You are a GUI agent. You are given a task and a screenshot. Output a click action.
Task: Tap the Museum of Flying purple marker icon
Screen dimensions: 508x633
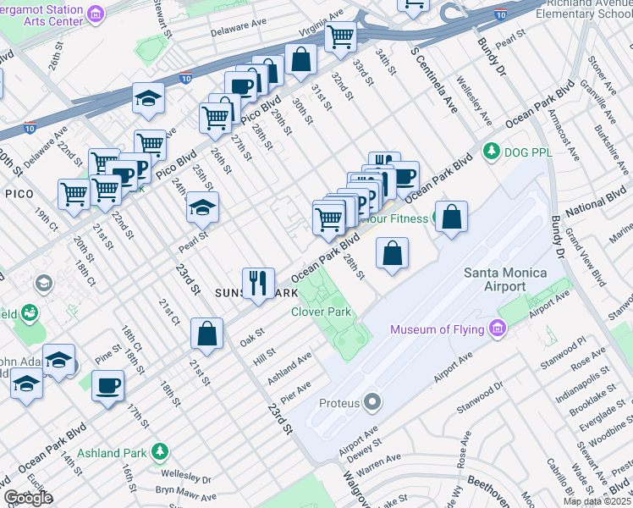pyautogui.click(x=498, y=329)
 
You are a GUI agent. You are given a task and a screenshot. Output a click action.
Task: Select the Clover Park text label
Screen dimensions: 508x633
pyautogui.click(x=321, y=312)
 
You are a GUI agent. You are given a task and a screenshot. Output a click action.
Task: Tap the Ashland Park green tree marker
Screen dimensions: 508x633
pyautogui.click(x=157, y=452)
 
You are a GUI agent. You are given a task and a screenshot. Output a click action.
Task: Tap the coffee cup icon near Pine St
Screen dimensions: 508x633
pyautogui.click(x=107, y=386)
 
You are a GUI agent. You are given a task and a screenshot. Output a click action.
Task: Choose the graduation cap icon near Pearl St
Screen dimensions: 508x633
pyautogui.click(x=202, y=206)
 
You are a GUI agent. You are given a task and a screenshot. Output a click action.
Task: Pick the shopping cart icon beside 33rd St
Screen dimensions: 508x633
pyautogui.click(x=340, y=36)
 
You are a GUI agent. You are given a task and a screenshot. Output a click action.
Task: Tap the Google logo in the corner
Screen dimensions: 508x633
pyautogui.click(x=27, y=498)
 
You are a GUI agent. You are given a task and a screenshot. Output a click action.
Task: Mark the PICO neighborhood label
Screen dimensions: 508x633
pyautogui.click(x=19, y=194)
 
